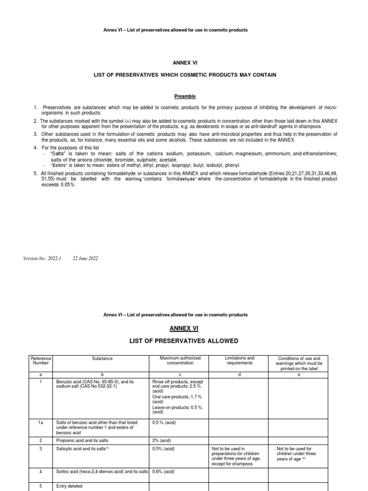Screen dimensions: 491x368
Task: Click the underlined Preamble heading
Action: click(184, 96)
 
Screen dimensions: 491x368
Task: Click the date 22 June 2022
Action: click(85, 258)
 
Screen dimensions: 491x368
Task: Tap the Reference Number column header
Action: click(41, 361)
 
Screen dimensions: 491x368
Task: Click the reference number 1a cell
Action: click(41, 422)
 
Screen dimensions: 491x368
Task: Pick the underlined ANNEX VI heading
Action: click(184, 328)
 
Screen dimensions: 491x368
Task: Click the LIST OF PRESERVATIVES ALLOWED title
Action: click(184, 341)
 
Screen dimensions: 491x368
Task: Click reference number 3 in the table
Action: click(41, 449)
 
